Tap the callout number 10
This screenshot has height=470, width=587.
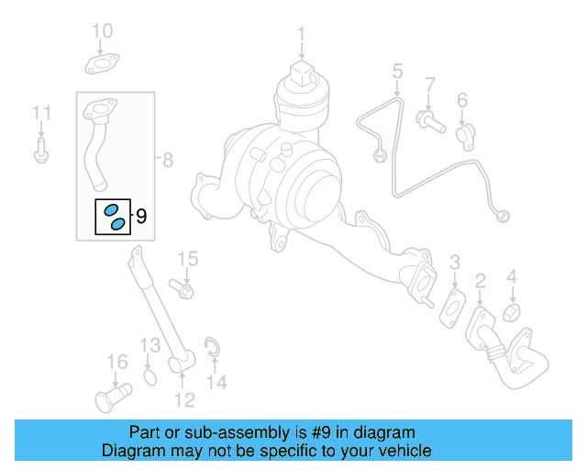[x=102, y=32]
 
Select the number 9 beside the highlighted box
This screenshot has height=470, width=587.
[x=141, y=217]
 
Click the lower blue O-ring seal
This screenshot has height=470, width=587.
[x=118, y=223]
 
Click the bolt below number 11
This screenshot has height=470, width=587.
[x=40, y=152]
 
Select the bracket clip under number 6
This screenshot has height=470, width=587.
[x=464, y=135]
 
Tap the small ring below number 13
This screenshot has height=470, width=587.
[x=151, y=376]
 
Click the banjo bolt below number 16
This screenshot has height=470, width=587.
[x=110, y=397]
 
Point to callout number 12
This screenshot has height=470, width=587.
[x=184, y=400]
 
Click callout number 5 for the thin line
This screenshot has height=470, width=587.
[x=397, y=71]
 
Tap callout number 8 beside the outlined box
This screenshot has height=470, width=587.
[x=167, y=161]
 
